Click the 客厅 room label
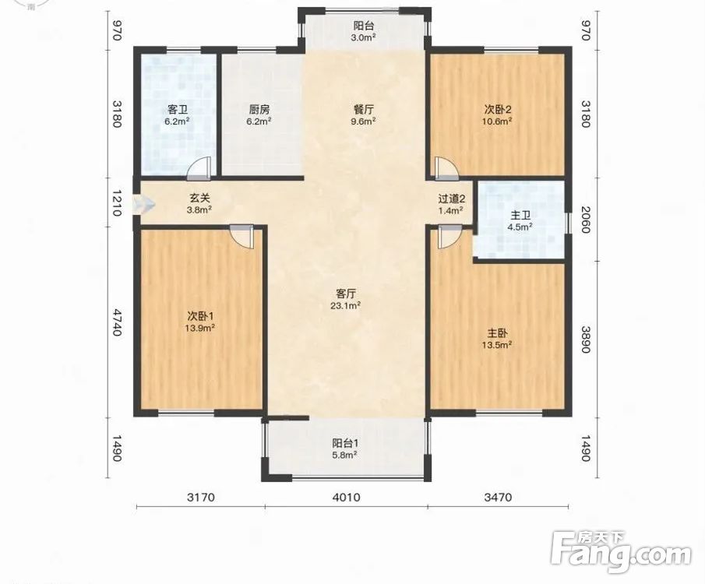pos(346,294)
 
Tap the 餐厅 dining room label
pos(364,109)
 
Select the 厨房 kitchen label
pos(259,109)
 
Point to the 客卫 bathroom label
pos(177,109)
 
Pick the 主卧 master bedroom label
pos(499,333)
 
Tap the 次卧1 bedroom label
pos(199,316)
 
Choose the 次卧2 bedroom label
pos(499,109)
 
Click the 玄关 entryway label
pos(200,197)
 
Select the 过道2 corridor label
pos(451,199)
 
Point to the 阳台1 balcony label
pos(345,443)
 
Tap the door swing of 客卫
pos(199,167)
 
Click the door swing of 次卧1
pos(242,237)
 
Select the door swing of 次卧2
pos(447,167)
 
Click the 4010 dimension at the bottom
pos(346,498)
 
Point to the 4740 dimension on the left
pos(117,322)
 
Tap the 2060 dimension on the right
pos(585,220)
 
